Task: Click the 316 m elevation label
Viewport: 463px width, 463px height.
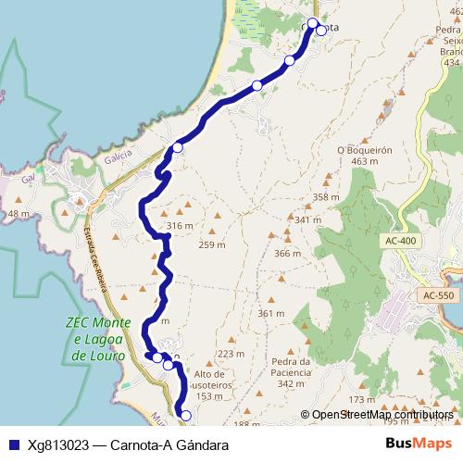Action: [180, 226]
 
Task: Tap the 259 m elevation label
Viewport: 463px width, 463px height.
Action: [212, 244]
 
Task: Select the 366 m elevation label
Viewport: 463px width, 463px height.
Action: [288, 254]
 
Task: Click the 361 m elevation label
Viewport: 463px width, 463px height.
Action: [271, 314]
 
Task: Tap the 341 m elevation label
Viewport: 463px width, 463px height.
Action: [307, 220]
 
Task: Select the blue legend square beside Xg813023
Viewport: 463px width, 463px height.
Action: [11, 444]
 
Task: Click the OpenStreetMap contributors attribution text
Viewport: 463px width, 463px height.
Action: [382, 415]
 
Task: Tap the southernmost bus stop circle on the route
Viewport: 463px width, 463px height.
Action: [185, 416]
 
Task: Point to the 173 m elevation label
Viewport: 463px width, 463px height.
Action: [361, 399]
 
